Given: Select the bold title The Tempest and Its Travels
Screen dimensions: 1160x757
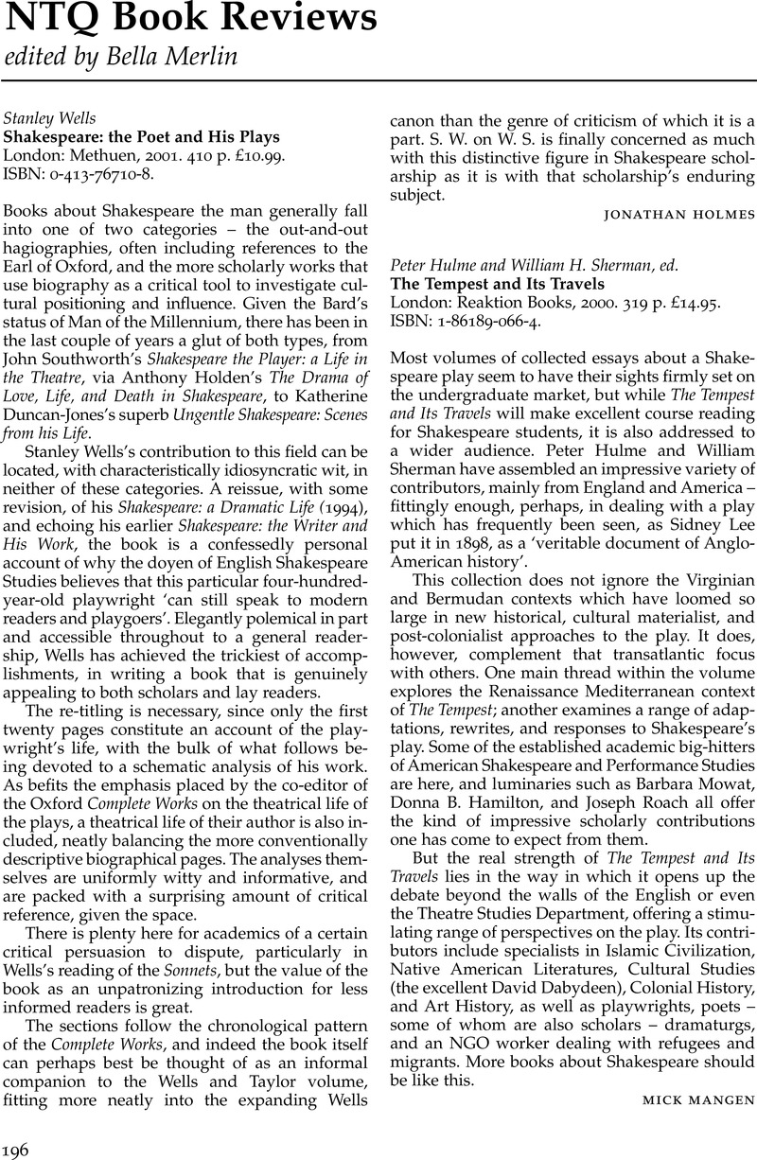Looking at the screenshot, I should (x=498, y=283).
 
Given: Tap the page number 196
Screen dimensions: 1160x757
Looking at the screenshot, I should (x=18, y=1149).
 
